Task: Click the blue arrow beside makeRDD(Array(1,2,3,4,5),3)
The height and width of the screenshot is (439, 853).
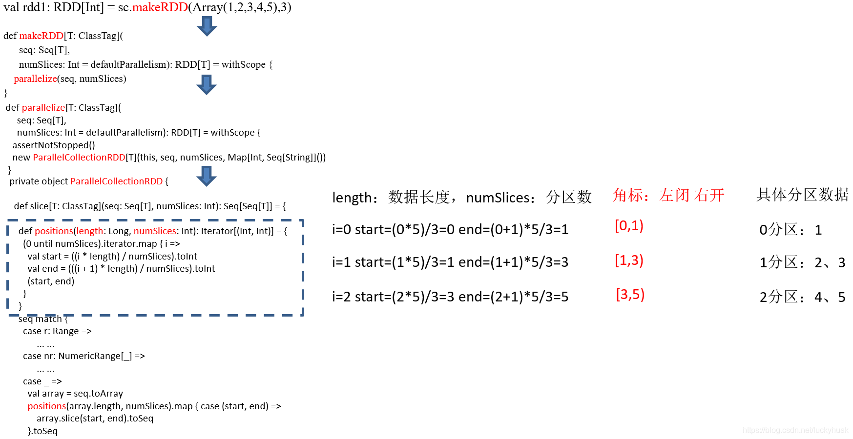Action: (207, 26)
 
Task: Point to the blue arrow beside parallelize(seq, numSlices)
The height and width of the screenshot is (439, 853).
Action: (207, 84)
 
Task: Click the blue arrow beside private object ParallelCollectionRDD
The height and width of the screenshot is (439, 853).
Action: (207, 176)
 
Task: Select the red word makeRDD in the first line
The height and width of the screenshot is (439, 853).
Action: (160, 7)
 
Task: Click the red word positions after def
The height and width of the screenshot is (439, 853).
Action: (54, 231)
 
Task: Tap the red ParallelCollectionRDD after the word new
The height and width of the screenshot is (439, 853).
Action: (79, 157)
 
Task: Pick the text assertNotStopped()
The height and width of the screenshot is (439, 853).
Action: (54, 145)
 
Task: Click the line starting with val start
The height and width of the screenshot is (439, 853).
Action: (112, 256)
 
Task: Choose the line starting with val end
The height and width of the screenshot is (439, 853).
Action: (121, 268)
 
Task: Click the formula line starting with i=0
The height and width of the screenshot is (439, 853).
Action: (450, 229)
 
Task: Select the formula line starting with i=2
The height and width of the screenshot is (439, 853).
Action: (450, 297)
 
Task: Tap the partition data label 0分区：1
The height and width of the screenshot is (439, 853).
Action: (791, 230)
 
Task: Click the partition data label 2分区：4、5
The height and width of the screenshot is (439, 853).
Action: (802, 297)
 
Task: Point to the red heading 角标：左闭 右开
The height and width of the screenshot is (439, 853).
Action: (668, 195)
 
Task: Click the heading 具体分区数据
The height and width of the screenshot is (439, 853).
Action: (802, 194)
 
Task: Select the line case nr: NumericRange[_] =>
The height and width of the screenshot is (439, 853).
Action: (84, 356)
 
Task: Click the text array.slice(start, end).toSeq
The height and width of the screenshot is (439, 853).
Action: (95, 418)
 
